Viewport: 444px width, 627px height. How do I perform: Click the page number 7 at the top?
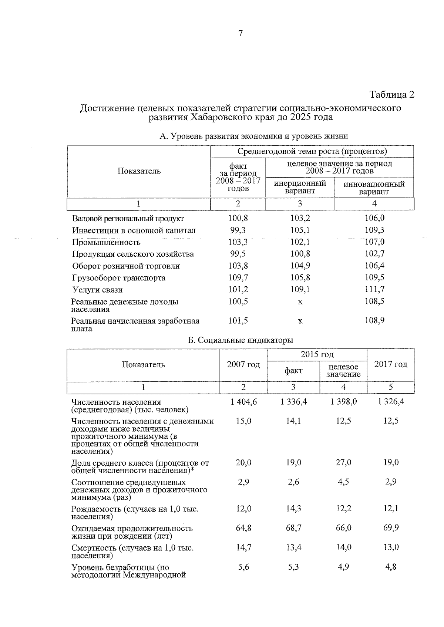pyautogui.click(x=240, y=34)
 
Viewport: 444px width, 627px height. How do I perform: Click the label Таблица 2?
pyautogui.click(x=392, y=95)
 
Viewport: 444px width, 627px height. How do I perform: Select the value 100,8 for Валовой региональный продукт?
pyautogui.click(x=238, y=218)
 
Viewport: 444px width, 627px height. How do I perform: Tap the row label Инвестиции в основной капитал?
pyautogui.click(x=134, y=230)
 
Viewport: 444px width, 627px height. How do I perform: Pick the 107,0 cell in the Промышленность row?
pyautogui.click(x=374, y=242)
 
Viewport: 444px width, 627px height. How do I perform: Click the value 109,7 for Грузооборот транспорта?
pyautogui.click(x=238, y=277)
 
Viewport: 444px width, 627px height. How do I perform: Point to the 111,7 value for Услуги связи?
pyautogui.click(x=374, y=289)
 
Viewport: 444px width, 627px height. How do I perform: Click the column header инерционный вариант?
pyautogui.click(x=300, y=187)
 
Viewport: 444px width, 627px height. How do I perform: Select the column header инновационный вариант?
pyautogui.click(x=374, y=188)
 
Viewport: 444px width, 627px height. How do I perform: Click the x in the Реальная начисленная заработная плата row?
pyautogui.click(x=300, y=321)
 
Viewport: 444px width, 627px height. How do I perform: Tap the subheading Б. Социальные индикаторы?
pyautogui.click(x=240, y=340)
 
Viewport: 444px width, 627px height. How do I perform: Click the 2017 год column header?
pyautogui.click(x=391, y=364)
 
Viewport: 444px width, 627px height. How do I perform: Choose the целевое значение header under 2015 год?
pyautogui.click(x=343, y=370)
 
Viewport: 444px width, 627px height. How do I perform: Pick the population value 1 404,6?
pyautogui.click(x=243, y=402)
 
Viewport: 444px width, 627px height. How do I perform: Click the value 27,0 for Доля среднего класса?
pyautogui.click(x=343, y=462)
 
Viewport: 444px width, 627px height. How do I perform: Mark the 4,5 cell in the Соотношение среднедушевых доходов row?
pyautogui.click(x=343, y=482)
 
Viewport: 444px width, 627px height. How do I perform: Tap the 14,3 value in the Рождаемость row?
pyautogui.click(x=293, y=509)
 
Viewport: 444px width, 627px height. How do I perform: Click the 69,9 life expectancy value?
pyautogui.click(x=391, y=528)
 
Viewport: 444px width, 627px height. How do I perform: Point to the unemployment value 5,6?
pyautogui.click(x=243, y=567)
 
